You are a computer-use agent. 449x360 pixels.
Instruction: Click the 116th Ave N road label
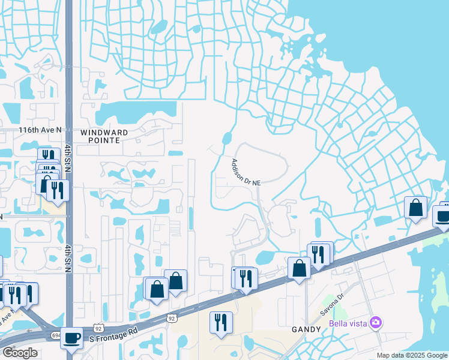tap(40, 130)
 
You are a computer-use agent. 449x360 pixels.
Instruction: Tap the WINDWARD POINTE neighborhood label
tap(100, 136)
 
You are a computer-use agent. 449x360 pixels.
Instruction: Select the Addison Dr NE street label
tap(246, 172)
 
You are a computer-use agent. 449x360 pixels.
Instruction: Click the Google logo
tap(19, 353)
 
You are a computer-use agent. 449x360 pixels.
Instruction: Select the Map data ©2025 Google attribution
tap(412, 355)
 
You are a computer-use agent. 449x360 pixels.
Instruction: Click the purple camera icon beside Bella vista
tap(376, 324)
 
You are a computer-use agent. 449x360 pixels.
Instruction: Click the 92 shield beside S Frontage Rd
tap(98, 329)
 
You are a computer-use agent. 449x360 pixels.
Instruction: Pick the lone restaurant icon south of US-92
tap(221, 322)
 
